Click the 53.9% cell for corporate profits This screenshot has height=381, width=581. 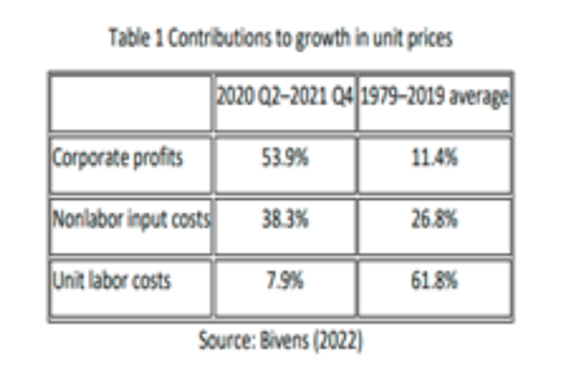coord(285,158)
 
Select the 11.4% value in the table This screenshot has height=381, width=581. coord(434,158)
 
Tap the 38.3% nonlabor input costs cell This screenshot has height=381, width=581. coord(285,219)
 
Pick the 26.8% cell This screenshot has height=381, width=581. coord(434,219)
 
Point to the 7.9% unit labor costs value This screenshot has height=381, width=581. coord(285,281)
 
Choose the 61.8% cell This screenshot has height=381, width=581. coord(434,281)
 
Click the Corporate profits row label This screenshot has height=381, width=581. coord(117,159)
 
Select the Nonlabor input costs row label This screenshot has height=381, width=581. coord(131,219)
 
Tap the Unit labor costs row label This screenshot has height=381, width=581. coord(112,281)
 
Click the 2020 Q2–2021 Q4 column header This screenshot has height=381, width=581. coord(285,97)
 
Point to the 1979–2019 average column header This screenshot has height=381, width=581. coord(434,97)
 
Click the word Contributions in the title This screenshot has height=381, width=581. coord(220,38)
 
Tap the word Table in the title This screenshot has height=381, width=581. coord(130,38)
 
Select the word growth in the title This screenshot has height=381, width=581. coord(323,39)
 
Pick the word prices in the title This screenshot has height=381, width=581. coord(430,39)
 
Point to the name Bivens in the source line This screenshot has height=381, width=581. coord(284,341)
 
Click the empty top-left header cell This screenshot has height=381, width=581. coord(131,104)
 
